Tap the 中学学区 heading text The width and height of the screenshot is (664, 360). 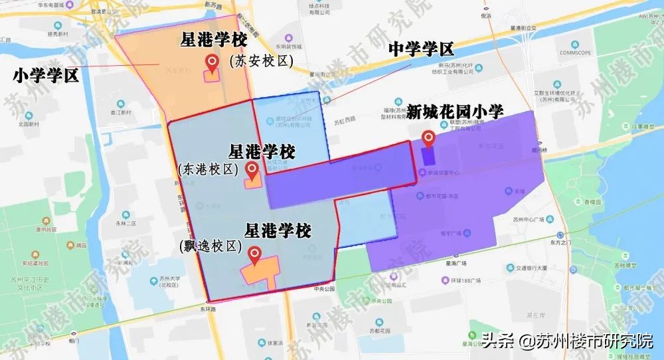(420, 50)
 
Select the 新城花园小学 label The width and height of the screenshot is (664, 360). (455, 112)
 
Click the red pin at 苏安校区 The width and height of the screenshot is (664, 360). (212, 63)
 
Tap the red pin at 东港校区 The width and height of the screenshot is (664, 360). (252, 170)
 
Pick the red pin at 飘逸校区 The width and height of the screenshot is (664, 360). (254, 254)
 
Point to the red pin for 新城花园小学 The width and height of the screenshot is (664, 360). (429, 139)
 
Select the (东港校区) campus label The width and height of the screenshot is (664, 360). (208, 169)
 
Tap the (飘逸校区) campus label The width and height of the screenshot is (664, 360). (212, 246)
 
